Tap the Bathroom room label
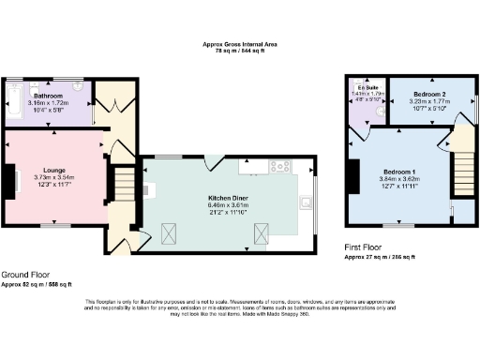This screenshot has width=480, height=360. point(48,97)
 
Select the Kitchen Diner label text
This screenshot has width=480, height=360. point(228,199)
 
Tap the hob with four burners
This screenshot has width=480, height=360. point(278,167)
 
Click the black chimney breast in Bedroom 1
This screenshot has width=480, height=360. point(352,176)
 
